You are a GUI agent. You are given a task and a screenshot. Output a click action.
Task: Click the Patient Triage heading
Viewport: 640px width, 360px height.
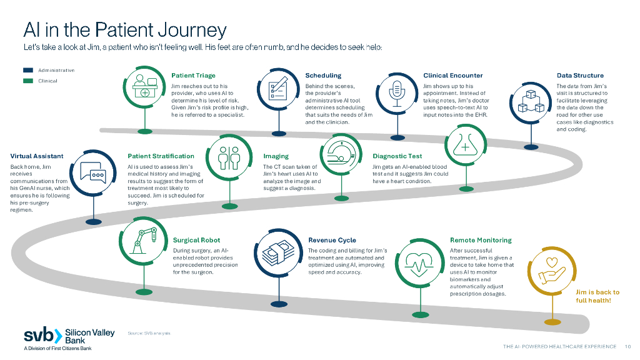pyautogui.click(x=193, y=76)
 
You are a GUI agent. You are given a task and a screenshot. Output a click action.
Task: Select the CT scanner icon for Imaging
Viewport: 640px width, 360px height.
pyautogui.click(x=341, y=156)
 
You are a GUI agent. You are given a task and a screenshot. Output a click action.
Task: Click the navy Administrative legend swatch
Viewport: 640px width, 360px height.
pyautogui.click(x=28, y=71)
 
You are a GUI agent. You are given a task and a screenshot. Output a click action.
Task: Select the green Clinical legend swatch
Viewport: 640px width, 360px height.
pyautogui.click(x=28, y=81)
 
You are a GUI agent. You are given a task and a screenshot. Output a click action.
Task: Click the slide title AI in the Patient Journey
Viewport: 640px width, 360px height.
pyautogui.click(x=124, y=29)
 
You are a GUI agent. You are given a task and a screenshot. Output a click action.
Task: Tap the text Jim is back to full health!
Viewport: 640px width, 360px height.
pyautogui.click(x=597, y=296)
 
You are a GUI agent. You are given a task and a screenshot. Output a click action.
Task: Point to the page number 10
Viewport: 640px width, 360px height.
pyautogui.click(x=628, y=347)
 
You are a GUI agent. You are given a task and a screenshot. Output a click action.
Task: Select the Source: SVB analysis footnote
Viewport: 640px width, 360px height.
pyautogui.click(x=149, y=332)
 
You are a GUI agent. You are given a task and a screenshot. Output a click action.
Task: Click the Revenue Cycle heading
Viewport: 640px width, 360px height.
pyautogui.click(x=332, y=240)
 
